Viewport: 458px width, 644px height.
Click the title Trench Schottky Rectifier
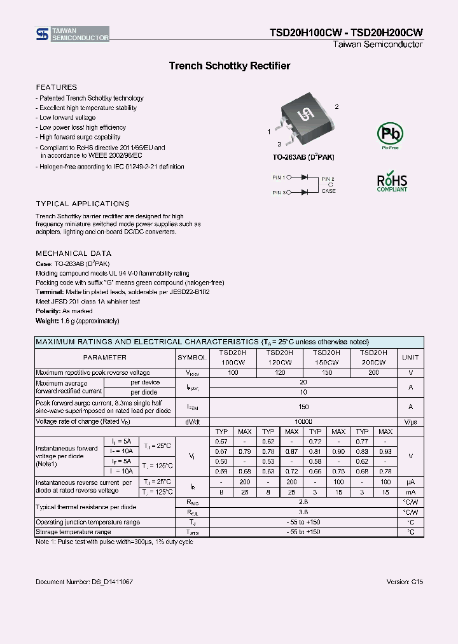[229, 66]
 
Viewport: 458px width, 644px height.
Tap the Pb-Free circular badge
[390, 134]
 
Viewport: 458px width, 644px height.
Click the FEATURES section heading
[57, 87]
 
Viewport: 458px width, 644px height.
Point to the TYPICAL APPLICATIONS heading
[83, 204]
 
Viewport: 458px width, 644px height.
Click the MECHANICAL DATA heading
[74, 253]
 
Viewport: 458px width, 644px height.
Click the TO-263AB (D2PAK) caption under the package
[303, 157]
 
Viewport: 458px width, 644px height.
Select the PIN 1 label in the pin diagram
[281, 179]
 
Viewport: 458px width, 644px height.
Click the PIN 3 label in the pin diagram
[281, 192]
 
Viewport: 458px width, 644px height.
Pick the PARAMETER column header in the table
[104, 358]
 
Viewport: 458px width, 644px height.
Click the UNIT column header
[410, 358]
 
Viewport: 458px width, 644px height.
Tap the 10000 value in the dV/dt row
[303, 422]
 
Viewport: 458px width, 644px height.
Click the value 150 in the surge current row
[303, 407]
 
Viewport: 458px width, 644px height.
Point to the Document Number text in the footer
[84, 582]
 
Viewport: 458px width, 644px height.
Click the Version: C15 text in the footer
[405, 582]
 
